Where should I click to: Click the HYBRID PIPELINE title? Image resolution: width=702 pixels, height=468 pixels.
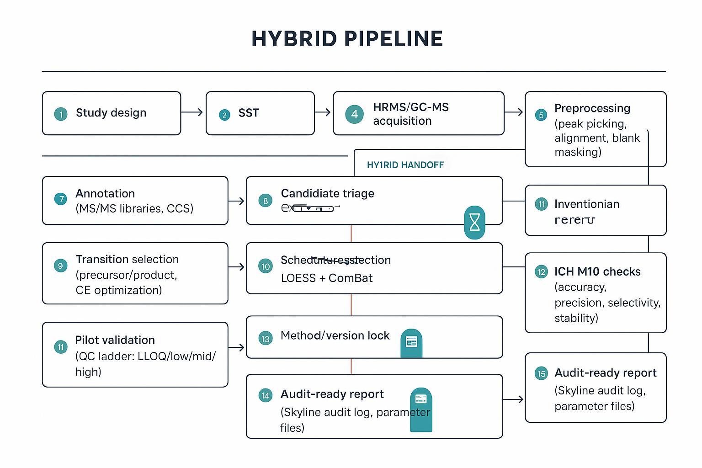point(347,39)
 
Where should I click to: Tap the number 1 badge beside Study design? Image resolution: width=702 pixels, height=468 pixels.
point(60,114)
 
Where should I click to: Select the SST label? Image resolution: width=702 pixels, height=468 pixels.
point(249,113)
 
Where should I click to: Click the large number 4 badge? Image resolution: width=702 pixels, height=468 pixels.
point(354,114)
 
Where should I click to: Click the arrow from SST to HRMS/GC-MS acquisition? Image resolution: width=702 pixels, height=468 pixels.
point(323,112)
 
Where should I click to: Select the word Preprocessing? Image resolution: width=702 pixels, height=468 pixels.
point(592,108)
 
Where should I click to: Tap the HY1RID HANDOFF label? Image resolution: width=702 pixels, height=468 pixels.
point(405,165)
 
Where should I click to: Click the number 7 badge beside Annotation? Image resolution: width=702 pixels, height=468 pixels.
point(60,199)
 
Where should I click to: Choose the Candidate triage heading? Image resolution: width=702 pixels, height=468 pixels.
point(327,193)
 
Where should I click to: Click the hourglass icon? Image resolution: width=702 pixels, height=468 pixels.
point(474,223)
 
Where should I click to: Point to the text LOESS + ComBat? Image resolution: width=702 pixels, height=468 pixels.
point(326,278)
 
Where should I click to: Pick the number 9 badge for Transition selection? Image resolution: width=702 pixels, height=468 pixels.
point(60,266)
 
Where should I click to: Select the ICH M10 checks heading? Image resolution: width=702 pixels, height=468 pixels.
point(597,271)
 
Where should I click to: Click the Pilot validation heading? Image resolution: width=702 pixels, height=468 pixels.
point(115,340)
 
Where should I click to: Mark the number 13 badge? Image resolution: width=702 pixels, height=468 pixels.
point(265,339)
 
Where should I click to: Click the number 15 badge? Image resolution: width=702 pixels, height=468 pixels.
point(541,374)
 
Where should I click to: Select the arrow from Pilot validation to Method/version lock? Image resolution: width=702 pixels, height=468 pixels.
point(236,348)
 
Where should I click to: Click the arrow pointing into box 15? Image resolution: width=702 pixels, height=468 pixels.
point(514,399)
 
